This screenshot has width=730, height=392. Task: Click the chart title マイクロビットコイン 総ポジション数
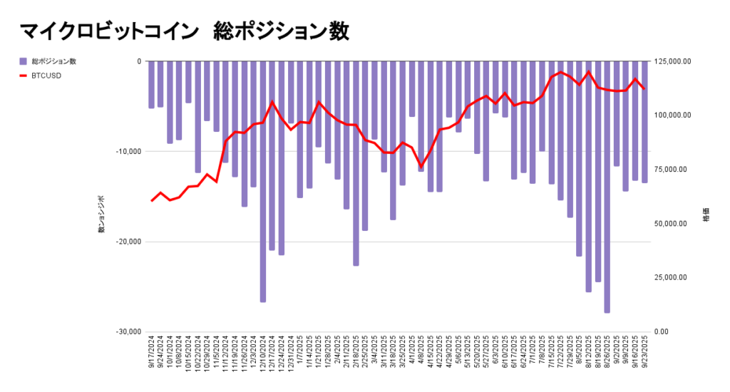[x=184, y=31]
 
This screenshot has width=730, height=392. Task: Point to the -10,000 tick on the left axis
[x=129, y=151]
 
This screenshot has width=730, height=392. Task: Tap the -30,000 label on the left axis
[x=129, y=332]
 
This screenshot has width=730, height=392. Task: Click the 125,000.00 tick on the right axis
[x=674, y=61]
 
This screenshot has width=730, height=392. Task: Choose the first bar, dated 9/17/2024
[x=151, y=85]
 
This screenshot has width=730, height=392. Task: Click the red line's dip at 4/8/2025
[x=421, y=167]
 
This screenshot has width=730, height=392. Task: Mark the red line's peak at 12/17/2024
[x=272, y=101]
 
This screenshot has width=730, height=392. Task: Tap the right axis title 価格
[x=706, y=215]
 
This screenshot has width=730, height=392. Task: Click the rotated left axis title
[x=101, y=215]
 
